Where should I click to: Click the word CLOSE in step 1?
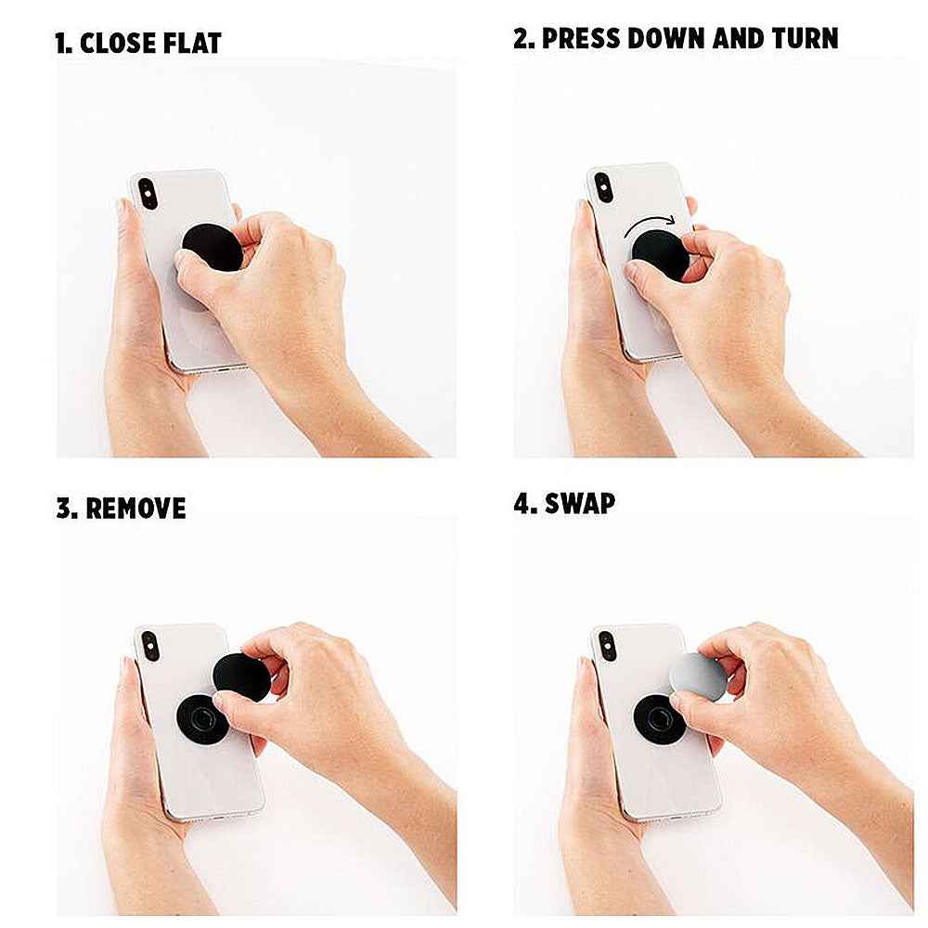point(119,44)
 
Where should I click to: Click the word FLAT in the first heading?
point(191,44)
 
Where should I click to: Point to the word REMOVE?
point(135,509)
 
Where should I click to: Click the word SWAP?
point(580,504)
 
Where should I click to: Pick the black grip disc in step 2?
point(661,256)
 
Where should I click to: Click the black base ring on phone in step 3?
point(200,718)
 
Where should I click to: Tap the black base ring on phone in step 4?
point(657,718)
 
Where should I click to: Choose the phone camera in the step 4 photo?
point(607,646)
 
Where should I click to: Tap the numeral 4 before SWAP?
point(522,504)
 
